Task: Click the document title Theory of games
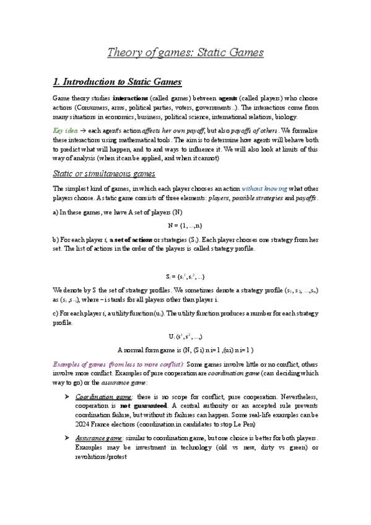tap(186, 52)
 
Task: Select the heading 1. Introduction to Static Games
tap(117, 82)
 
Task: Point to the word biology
tap(284, 116)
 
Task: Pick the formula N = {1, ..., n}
tap(186, 223)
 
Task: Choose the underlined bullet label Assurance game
tap(100, 437)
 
